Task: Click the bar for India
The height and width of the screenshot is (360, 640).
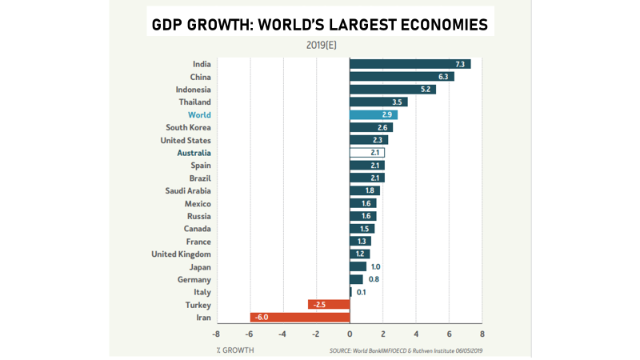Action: click(410, 64)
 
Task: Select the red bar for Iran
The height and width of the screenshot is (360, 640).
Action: click(300, 318)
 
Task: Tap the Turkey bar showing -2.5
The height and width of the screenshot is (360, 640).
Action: click(329, 305)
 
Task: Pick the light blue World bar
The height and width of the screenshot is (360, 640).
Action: click(374, 115)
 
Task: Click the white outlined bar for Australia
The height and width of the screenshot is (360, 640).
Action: click(367, 153)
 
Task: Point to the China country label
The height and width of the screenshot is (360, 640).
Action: click(199, 77)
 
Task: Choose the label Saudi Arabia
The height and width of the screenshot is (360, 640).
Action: click(188, 191)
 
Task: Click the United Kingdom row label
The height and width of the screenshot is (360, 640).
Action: click(181, 254)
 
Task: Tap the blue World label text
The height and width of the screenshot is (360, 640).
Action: click(199, 115)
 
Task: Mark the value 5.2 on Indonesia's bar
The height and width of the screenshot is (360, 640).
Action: click(426, 90)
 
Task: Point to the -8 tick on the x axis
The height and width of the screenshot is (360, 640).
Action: click(215, 334)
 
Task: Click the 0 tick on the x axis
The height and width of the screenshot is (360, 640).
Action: click(350, 334)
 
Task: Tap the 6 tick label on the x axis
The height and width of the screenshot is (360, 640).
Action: click(449, 334)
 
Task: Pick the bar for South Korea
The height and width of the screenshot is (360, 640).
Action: click(371, 128)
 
